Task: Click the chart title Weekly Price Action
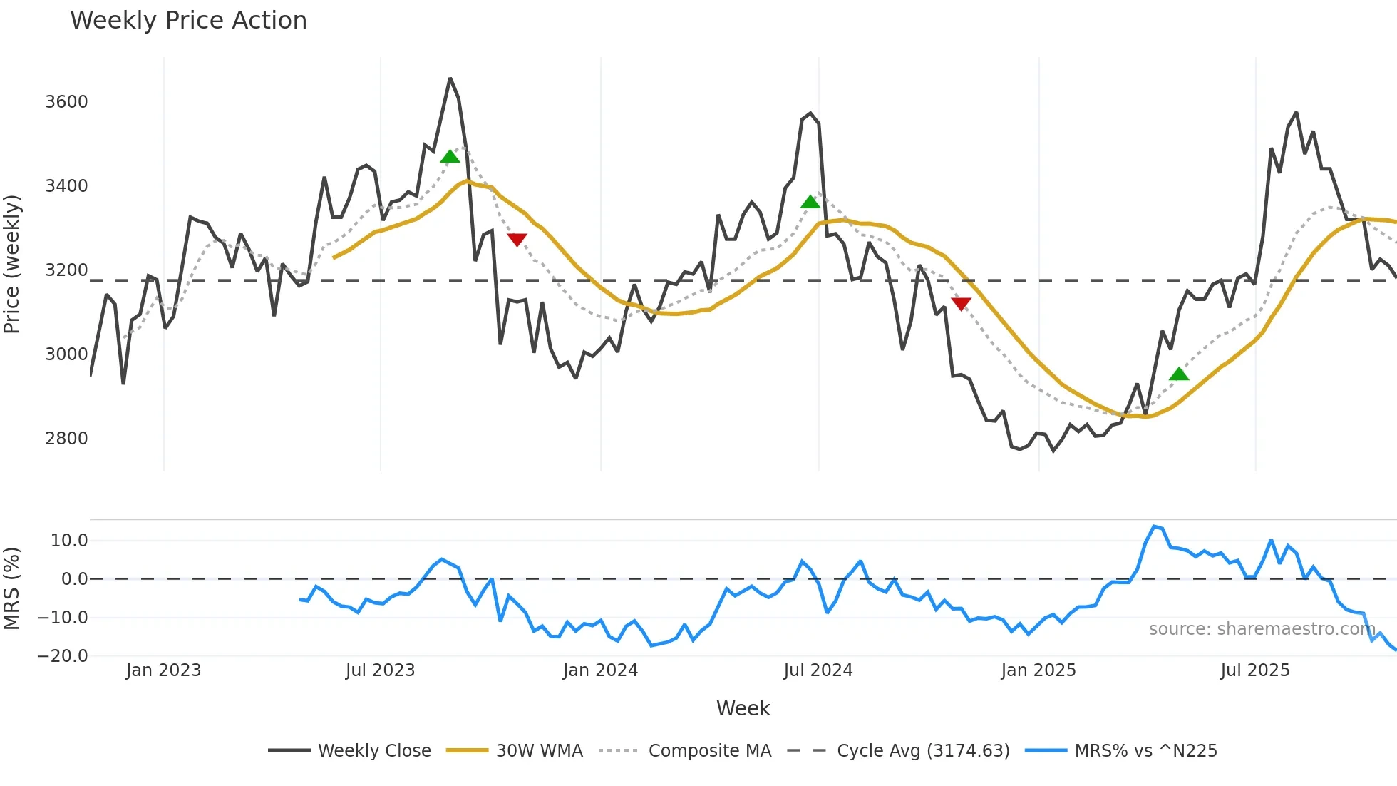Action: point(188,21)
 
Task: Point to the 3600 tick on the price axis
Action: point(66,102)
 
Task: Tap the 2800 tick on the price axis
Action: point(66,439)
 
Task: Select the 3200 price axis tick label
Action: point(66,270)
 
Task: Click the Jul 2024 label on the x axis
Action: point(818,670)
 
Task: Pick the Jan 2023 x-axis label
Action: point(163,670)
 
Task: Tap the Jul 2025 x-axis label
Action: point(1254,670)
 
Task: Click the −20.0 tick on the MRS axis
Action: point(63,656)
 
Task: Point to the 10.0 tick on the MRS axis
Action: point(68,541)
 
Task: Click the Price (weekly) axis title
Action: point(12,264)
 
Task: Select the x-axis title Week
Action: point(743,708)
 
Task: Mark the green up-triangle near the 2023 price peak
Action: point(450,157)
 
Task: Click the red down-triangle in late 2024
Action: point(961,304)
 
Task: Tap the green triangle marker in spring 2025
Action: point(1179,374)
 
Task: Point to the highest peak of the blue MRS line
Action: point(1154,526)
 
